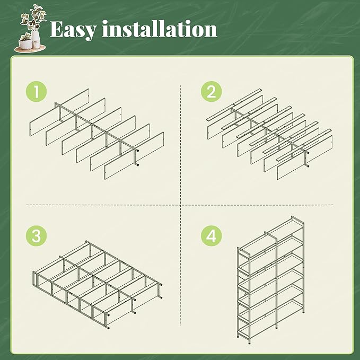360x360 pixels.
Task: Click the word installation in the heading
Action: [160, 29]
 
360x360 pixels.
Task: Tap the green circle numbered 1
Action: [36, 91]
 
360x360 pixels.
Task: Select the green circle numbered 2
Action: [211, 91]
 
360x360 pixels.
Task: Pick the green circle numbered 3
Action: [36, 236]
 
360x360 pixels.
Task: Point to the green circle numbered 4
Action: [211, 236]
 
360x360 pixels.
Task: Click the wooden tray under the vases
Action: [30, 49]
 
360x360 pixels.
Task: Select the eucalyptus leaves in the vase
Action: [33, 19]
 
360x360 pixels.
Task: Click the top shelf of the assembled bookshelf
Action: [271, 235]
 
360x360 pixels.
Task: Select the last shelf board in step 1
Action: [134, 155]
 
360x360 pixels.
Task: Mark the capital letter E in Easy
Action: [57, 29]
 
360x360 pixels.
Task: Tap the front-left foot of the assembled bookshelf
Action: [238, 337]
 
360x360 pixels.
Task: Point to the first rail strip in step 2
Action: [234, 104]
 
